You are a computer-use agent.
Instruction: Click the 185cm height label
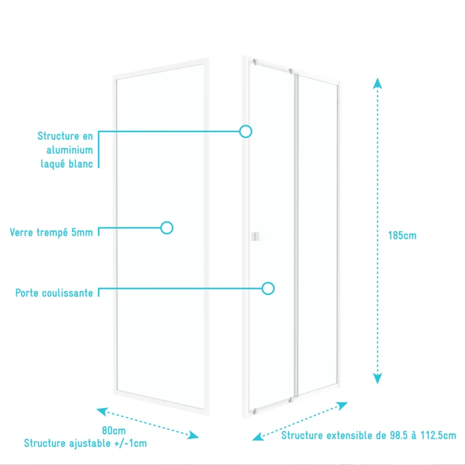coord(402,236)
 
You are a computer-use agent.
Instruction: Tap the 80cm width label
coord(114,430)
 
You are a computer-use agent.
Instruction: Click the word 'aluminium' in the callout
coord(69,150)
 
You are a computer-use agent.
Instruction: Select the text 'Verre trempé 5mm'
coord(51,232)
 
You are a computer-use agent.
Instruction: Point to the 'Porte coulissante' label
coord(55,293)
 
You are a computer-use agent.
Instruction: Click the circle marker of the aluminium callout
coord(246,131)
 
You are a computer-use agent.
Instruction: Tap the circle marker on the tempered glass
coord(167,228)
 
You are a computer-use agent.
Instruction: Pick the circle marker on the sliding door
coord(268,288)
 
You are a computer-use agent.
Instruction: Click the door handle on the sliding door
coord(255,236)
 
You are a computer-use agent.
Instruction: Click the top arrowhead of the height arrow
coord(378,83)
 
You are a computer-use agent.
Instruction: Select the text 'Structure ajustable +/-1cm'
coord(86,443)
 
